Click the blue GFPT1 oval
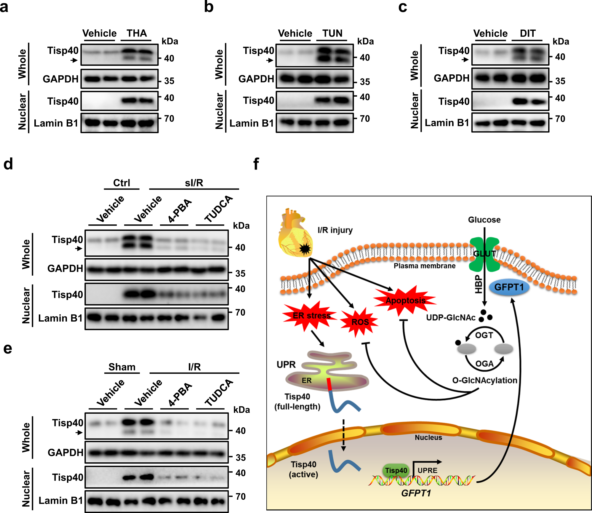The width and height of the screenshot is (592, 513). (x=509, y=287)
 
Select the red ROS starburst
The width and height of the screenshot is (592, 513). (x=360, y=322)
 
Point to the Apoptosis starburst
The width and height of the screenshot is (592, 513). (x=405, y=301)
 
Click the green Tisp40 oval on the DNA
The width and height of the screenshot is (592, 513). (x=396, y=470)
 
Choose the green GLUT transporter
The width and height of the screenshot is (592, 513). (x=484, y=254)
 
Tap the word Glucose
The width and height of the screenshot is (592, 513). (x=484, y=220)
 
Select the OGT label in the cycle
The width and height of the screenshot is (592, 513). (x=484, y=335)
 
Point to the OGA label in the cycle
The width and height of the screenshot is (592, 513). (x=484, y=364)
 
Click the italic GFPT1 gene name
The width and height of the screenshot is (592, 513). (x=416, y=493)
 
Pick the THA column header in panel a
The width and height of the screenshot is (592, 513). (x=137, y=33)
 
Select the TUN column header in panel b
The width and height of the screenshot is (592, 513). (x=332, y=33)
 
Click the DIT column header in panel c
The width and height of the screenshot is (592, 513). (x=527, y=33)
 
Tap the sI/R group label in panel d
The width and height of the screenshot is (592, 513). (x=194, y=183)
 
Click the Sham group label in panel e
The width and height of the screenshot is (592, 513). (x=122, y=367)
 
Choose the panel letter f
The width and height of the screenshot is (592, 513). (x=256, y=164)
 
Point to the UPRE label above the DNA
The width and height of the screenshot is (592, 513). (x=427, y=470)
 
